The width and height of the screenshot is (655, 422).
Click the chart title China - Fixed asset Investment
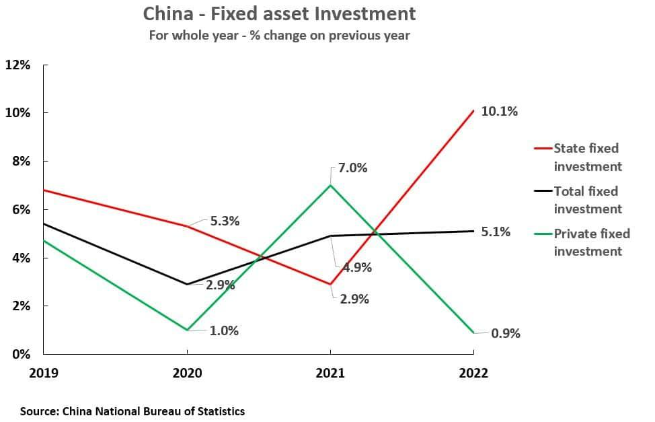pyautogui.click(x=279, y=13)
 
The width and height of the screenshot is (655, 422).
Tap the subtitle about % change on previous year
pyautogui.click(x=279, y=36)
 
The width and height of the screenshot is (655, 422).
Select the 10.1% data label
pyautogui.click(x=499, y=112)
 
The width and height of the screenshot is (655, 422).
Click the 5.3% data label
pyautogui.click(x=225, y=221)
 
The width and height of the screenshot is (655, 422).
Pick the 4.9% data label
pyautogui.click(x=357, y=267)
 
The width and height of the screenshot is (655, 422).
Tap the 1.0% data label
pyautogui.click(x=224, y=330)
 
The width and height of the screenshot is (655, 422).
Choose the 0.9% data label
pyautogui.click(x=506, y=333)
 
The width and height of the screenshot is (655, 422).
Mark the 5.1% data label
pyautogui.click(x=496, y=232)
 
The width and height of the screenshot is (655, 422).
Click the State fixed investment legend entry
pyautogui.click(x=586, y=157)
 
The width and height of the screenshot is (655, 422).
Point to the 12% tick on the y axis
pyautogui.click(x=17, y=65)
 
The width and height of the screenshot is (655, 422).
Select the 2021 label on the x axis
pyautogui.click(x=330, y=373)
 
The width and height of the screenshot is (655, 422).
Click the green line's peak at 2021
pyautogui.click(x=330, y=185)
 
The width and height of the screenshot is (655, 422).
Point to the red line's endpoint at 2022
pyautogui.click(x=473, y=110)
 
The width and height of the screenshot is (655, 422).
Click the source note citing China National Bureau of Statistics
pyautogui.click(x=132, y=411)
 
